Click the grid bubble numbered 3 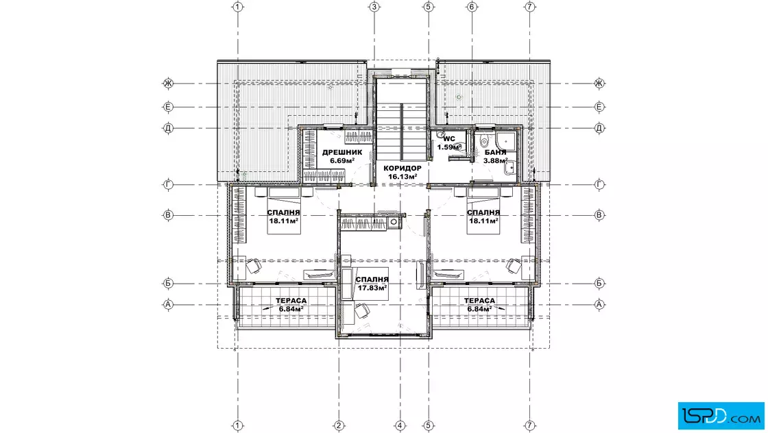click(374, 7)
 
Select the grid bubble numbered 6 click(472, 7)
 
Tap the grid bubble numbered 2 click(339, 425)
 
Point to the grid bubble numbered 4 click(400, 425)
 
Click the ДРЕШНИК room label click(342, 152)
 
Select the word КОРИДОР click(403, 169)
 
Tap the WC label click(449, 139)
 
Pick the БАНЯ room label click(495, 152)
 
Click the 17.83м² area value click(372, 288)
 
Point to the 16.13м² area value click(403, 177)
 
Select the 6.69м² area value click(342, 160)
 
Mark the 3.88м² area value click(495, 160)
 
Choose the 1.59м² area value click(449, 147)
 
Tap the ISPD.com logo click(721, 416)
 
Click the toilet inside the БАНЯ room click(483, 141)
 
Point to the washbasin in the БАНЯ click(510, 167)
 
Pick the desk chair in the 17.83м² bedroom click(363, 310)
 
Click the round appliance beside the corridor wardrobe click(394, 223)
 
